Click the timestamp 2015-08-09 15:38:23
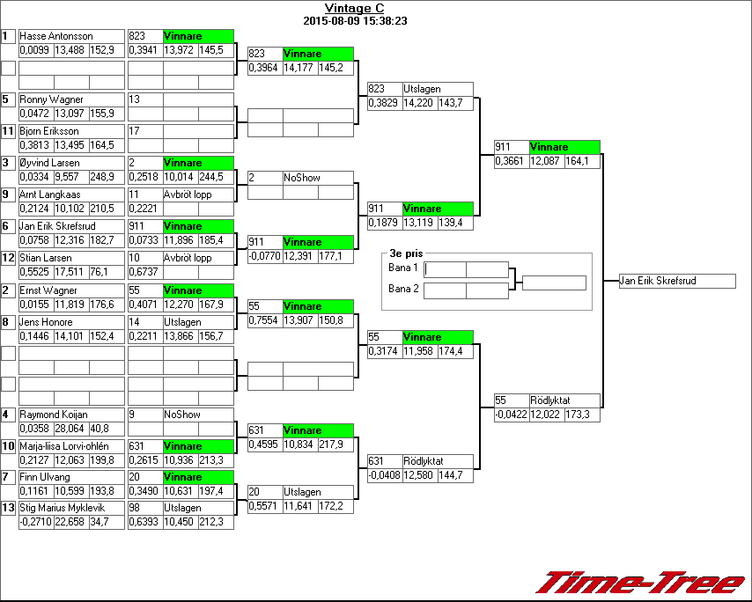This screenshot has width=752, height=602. click(x=354, y=20)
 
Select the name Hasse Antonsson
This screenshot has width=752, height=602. click(x=56, y=36)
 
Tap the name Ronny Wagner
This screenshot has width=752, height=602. click(x=51, y=99)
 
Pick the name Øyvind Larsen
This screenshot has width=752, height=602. click(x=49, y=163)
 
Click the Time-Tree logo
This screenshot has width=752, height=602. click(x=641, y=583)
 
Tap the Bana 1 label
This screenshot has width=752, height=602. click(x=402, y=267)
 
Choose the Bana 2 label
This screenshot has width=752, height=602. click(x=402, y=289)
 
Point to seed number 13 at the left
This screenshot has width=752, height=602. click(x=7, y=508)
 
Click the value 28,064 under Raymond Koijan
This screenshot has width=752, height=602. click(x=69, y=429)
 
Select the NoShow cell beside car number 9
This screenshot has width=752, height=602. click(x=182, y=415)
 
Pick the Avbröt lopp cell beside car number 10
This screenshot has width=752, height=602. click(x=188, y=258)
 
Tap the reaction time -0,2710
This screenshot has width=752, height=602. click(x=35, y=522)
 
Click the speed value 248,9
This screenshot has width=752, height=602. click(x=101, y=177)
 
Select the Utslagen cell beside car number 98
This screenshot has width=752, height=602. click(x=182, y=508)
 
